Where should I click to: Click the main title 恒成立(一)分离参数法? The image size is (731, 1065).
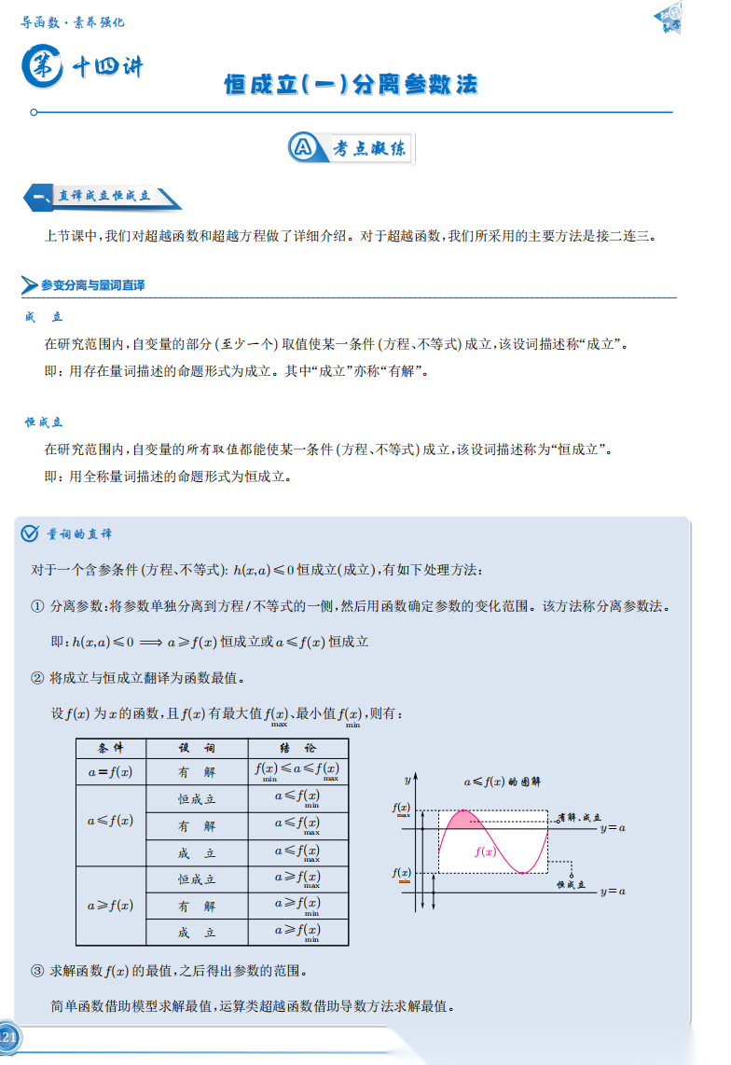click(x=351, y=85)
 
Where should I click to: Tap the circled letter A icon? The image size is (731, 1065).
click(x=302, y=147)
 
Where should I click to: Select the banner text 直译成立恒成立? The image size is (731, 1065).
click(x=103, y=197)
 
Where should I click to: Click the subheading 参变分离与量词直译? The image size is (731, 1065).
click(x=92, y=284)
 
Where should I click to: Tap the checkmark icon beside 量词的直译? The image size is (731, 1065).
click(x=30, y=533)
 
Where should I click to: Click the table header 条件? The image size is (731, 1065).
click(x=110, y=749)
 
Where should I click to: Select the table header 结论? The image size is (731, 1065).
click(x=297, y=749)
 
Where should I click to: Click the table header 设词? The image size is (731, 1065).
click(x=197, y=749)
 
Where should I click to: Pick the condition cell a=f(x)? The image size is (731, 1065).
click(x=110, y=772)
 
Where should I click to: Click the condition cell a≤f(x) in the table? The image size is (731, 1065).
click(x=110, y=821)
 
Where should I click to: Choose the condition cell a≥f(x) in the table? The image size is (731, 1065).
click(x=110, y=906)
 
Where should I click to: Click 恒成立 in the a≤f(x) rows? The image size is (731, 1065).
click(x=197, y=799)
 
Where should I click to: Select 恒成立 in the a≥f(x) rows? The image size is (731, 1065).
click(x=197, y=879)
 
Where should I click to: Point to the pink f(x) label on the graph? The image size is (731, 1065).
click(x=485, y=851)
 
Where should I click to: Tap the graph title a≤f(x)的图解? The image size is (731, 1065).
click(x=503, y=781)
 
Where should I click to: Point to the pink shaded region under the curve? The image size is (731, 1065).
click(x=463, y=821)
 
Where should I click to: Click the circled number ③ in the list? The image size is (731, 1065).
click(x=38, y=970)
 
